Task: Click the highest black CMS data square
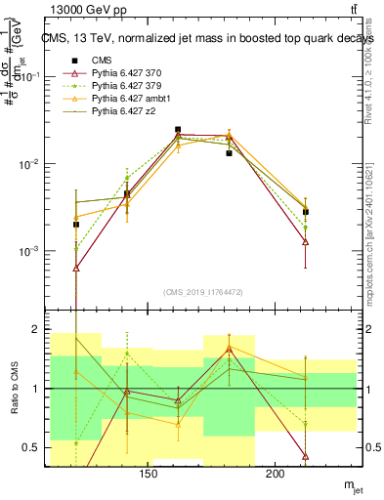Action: [x=178, y=129]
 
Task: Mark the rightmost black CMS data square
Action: [x=306, y=212]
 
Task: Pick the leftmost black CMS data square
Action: [x=76, y=225]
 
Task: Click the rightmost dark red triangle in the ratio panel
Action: [x=306, y=456]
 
